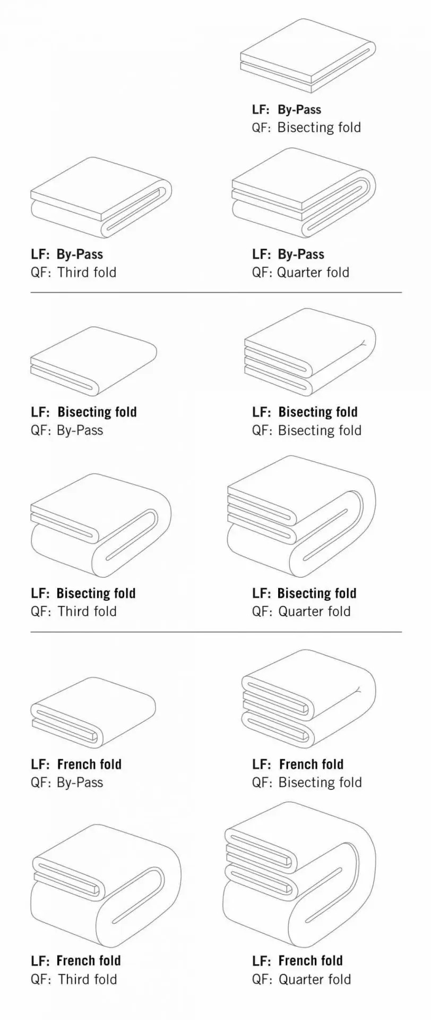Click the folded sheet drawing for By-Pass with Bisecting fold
308,56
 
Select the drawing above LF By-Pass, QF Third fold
101,198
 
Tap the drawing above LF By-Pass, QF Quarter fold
304,193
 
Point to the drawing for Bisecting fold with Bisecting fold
310,352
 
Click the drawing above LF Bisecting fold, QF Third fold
101,525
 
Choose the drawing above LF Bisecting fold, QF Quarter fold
301,516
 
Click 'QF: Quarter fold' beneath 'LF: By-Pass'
301,273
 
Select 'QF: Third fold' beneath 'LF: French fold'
74,979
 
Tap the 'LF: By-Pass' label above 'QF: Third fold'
67,254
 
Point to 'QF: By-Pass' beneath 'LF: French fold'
67,783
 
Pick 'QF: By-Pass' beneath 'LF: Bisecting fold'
67,430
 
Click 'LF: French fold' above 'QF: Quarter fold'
298,960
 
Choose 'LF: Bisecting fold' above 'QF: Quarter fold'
305,593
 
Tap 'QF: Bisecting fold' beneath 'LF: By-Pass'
307,127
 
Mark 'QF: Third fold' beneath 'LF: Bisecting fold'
74,611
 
